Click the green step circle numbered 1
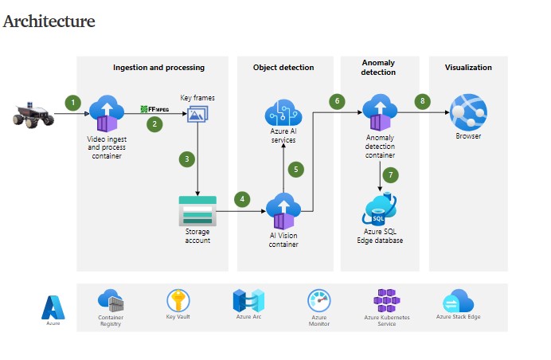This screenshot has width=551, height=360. click(74, 102)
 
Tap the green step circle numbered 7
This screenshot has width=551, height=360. click(389, 174)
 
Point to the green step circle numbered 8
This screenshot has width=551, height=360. click(423, 101)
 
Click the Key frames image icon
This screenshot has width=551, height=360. click(197, 115)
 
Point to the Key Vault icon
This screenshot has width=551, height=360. click(178, 300)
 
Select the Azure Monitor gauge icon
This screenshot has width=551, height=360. click(318, 301)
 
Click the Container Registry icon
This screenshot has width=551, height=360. click(110, 301)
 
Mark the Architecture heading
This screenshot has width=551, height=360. click(49, 22)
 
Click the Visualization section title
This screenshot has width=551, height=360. click(468, 68)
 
